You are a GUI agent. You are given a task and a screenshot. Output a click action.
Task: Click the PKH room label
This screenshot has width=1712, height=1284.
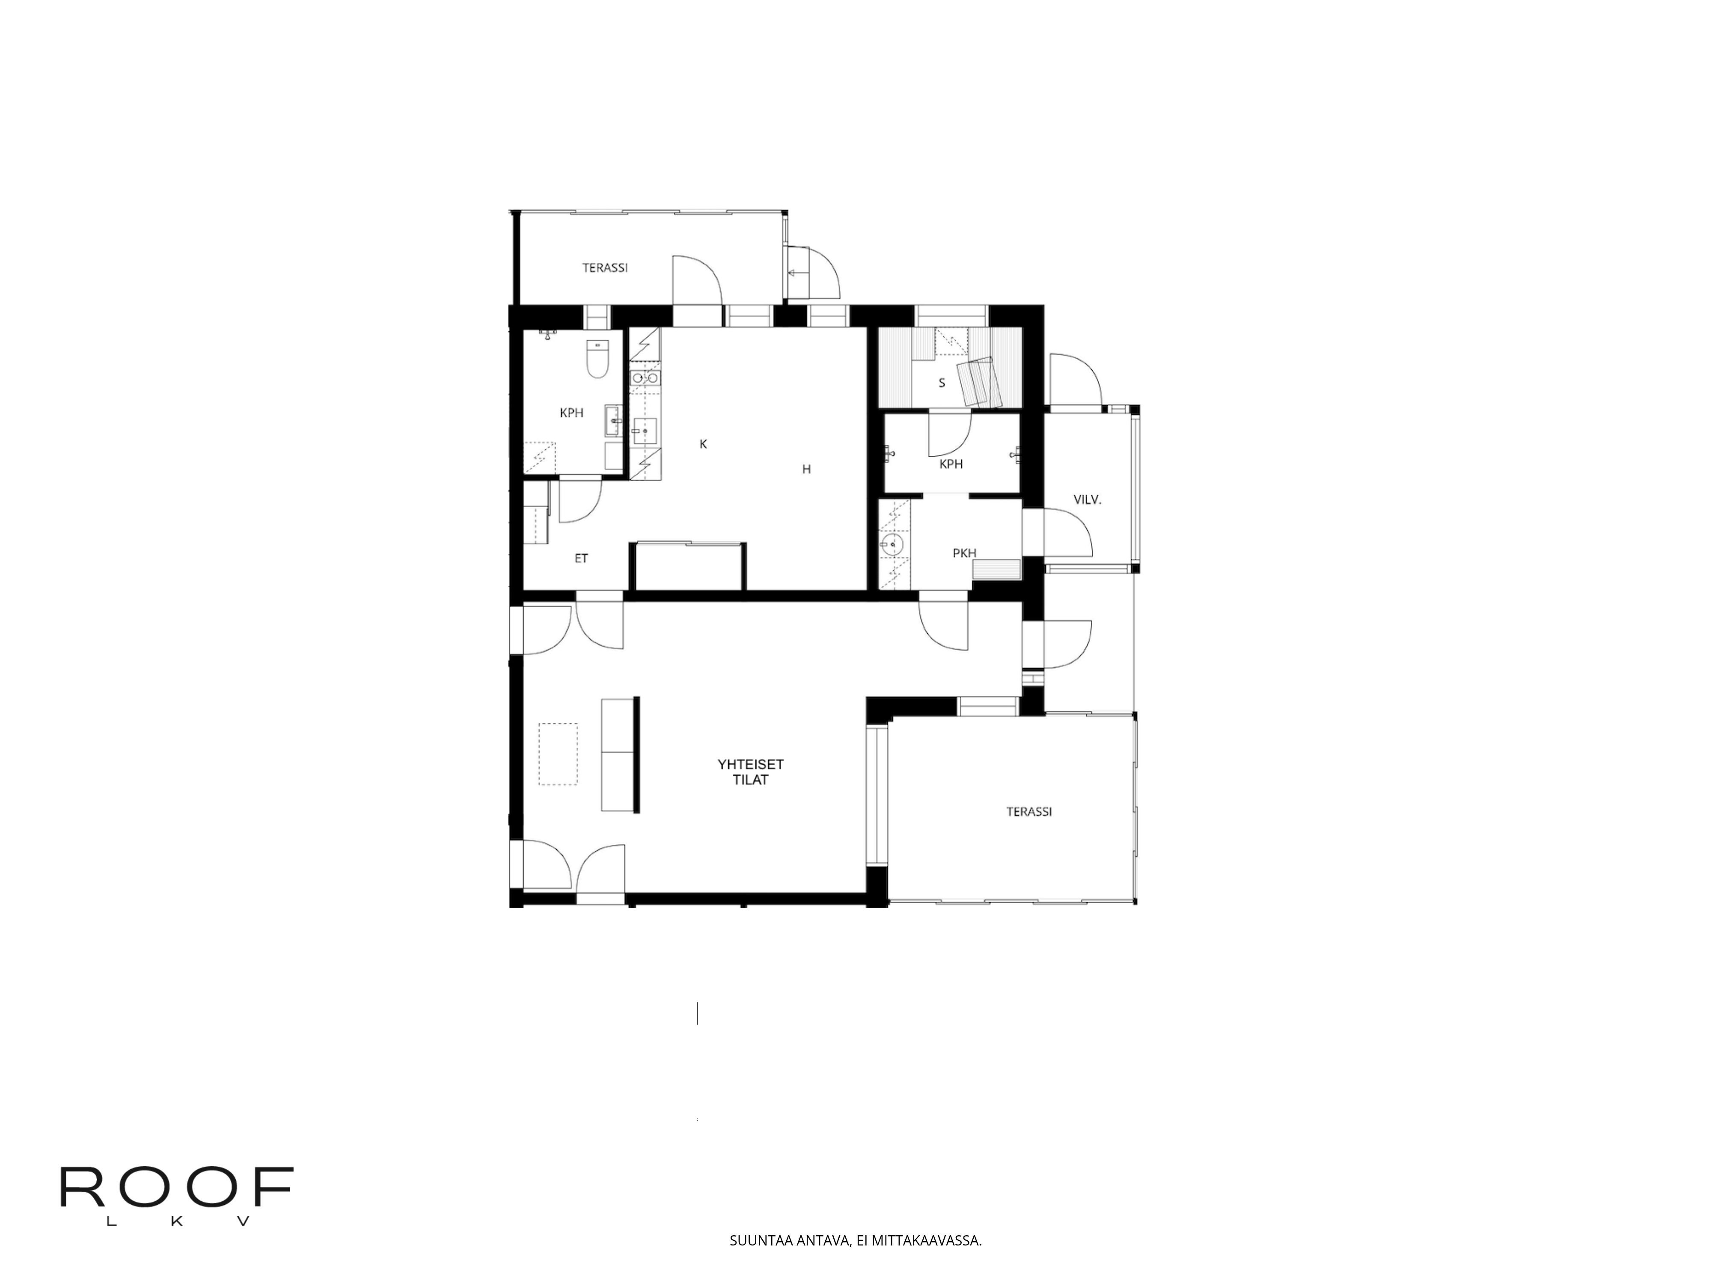[964, 553]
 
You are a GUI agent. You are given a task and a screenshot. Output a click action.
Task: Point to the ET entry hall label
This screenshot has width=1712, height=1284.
[581, 558]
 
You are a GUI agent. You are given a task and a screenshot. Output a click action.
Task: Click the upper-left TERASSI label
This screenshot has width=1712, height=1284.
[604, 268]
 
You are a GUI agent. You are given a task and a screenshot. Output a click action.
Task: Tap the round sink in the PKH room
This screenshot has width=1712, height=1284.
[895, 545]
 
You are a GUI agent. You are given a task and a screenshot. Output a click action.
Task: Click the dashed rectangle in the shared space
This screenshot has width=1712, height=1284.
[558, 754]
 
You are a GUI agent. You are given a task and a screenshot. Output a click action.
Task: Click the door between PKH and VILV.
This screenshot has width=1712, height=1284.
[1067, 532]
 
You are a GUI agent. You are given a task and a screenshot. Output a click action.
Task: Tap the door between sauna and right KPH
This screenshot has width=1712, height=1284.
[949, 434]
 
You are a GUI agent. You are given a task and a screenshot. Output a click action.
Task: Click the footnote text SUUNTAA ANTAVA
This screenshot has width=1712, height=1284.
[855, 1241]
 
